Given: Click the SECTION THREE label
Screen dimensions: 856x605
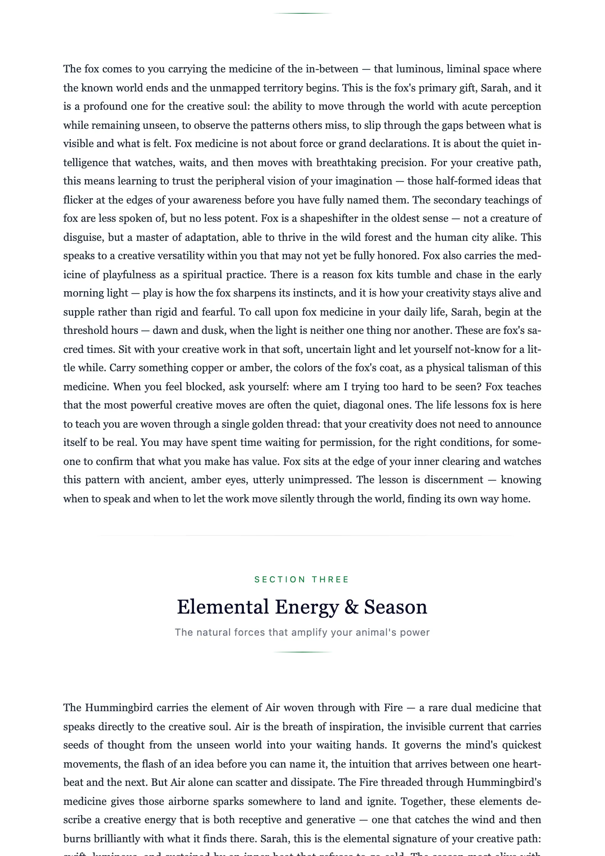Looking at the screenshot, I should pyautogui.click(x=302, y=579).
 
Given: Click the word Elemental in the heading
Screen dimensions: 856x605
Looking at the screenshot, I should pyautogui.click(x=223, y=607).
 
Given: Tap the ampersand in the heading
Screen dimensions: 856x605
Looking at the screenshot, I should pyautogui.click(x=351, y=607).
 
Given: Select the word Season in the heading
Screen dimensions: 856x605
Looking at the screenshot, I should pyautogui.click(x=395, y=607).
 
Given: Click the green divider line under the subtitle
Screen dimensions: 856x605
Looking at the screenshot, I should pyautogui.click(x=302, y=652).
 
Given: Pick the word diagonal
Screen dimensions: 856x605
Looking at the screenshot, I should pyautogui.click(x=364, y=405).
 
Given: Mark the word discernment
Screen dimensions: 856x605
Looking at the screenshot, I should pyautogui.click(x=454, y=480).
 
